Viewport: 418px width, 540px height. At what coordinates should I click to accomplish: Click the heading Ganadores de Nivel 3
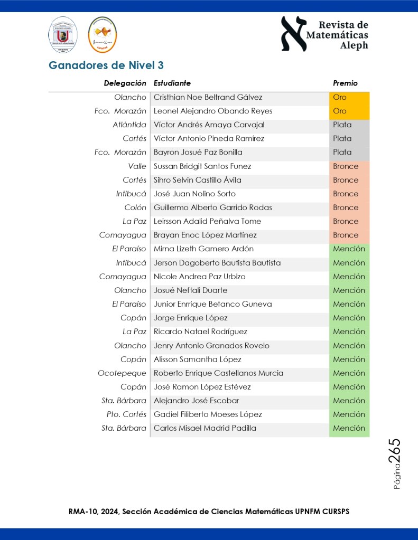point(106,65)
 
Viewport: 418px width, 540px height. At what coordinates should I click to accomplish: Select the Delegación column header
point(125,83)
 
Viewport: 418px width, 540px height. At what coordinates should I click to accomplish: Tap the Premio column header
point(345,83)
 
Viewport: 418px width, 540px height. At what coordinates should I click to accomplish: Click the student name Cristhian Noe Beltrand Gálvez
point(208,97)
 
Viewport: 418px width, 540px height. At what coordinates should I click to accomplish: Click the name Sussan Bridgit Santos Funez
point(202,166)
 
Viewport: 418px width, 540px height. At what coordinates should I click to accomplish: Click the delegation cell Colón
point(135,207)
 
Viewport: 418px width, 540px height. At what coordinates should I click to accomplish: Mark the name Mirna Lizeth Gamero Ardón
point(203,249)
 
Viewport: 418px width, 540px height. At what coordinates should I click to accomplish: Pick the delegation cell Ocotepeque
point(122,373)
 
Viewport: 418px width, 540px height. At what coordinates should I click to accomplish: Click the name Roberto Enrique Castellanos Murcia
point(218,373)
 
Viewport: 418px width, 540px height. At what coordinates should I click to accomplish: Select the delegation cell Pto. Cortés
point(126,414)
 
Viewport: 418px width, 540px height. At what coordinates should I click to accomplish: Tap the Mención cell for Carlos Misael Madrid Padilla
point(349,428)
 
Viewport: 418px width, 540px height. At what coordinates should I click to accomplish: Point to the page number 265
point(395,451)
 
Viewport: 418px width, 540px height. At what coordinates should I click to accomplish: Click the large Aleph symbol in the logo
point(294,34)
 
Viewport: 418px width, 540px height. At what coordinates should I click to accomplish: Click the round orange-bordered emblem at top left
point(103,34)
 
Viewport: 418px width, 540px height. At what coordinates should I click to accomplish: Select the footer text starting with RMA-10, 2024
point(209,511)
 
